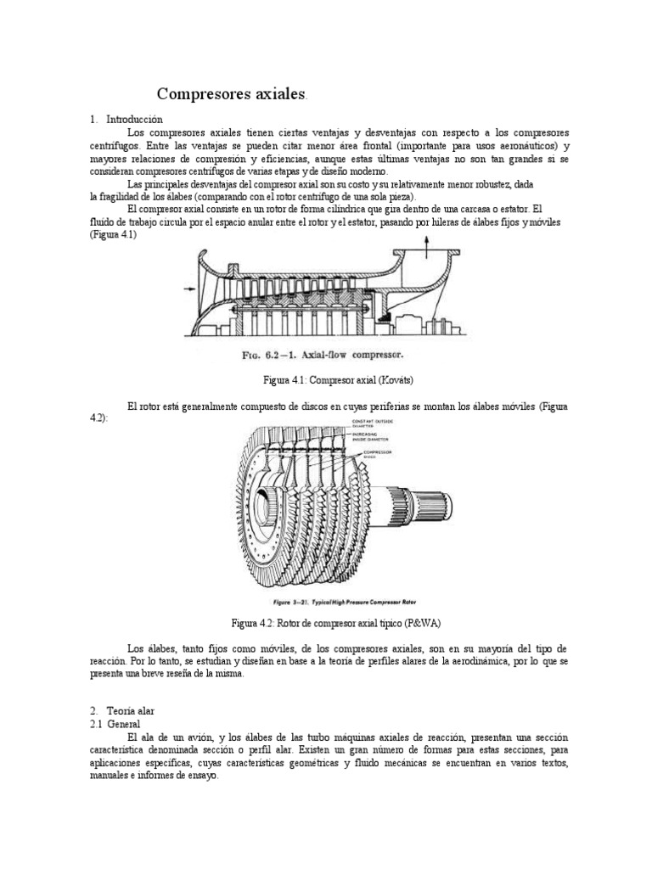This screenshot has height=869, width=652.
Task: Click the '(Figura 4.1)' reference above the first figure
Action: (113, 234)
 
